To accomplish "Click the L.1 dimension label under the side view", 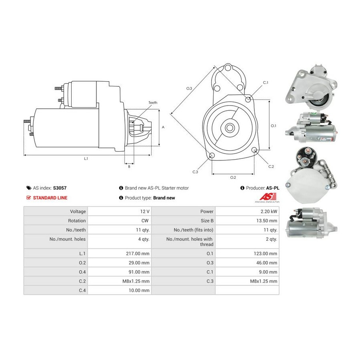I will click(x=86, y=159).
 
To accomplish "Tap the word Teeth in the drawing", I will click(x=153, y=103).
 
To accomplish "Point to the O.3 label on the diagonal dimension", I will click(x=189, y=88).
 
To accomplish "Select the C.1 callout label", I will click(x=265, y=83).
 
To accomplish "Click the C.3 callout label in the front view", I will click(x=195, y=172).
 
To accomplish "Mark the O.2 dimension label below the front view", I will click(x=233, y=177).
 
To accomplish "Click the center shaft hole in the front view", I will click(x=230, y=128).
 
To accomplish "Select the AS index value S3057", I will click(x=61, y=188).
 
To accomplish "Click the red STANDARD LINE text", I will click(x=50, y=198).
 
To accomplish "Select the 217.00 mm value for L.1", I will click(x=138, y=254).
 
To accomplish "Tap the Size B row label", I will click(x=206, y=221).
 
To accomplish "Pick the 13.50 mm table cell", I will click(x=267, y=221).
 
